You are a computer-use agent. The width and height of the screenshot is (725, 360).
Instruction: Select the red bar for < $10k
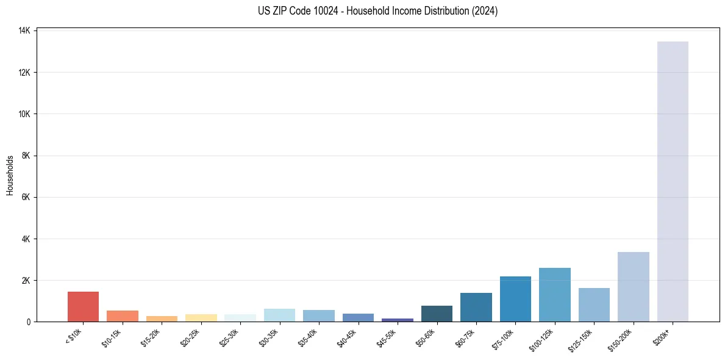83,306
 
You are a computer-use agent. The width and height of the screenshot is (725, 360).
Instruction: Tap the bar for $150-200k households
634,287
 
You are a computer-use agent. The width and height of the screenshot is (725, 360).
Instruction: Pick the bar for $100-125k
555,295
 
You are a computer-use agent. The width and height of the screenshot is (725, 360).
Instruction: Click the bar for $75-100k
515,299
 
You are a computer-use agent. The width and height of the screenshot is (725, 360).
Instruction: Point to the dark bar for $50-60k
437,314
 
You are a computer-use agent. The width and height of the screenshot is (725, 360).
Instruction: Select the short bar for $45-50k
398,320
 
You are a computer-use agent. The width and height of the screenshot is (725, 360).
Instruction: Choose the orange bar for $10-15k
123,316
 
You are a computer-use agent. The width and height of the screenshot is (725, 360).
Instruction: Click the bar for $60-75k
476,307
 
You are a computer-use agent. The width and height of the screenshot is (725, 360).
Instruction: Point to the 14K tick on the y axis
25,31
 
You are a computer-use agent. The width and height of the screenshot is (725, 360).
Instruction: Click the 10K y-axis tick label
25,114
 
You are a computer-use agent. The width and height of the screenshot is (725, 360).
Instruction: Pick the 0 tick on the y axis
29,322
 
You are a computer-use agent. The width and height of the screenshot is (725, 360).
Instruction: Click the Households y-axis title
10,176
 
